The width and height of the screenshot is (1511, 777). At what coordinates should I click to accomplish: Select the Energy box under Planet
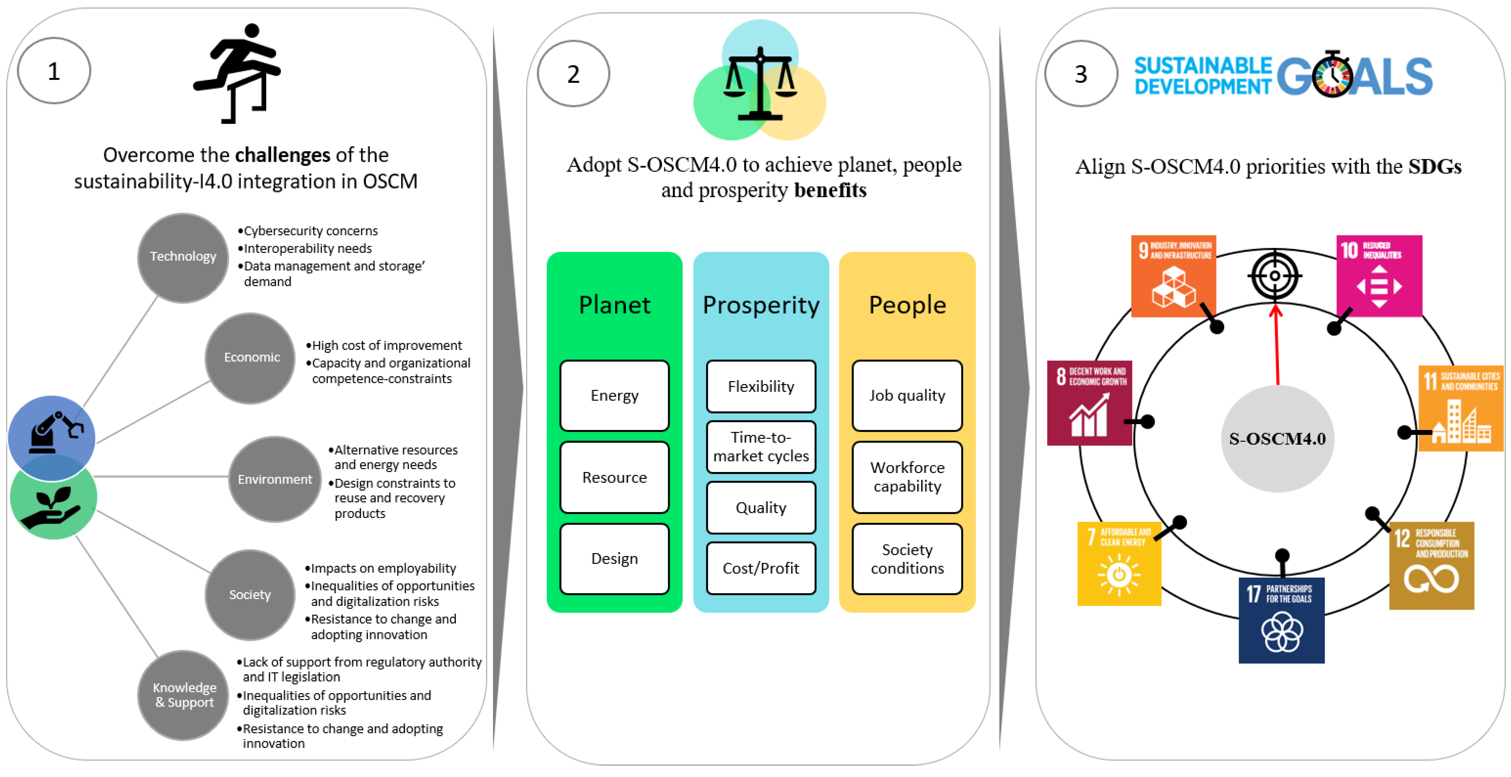click(614, 396)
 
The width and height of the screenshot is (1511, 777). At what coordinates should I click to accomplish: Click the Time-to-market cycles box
click(761, 447)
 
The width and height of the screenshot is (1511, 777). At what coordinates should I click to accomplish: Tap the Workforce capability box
click(907, 477)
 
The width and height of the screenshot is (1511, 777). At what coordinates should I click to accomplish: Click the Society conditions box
click(907, 559)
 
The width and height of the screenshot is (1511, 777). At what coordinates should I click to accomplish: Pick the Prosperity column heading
click(761, 305)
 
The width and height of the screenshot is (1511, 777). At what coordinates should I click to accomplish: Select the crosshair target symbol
click(1275, 276)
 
